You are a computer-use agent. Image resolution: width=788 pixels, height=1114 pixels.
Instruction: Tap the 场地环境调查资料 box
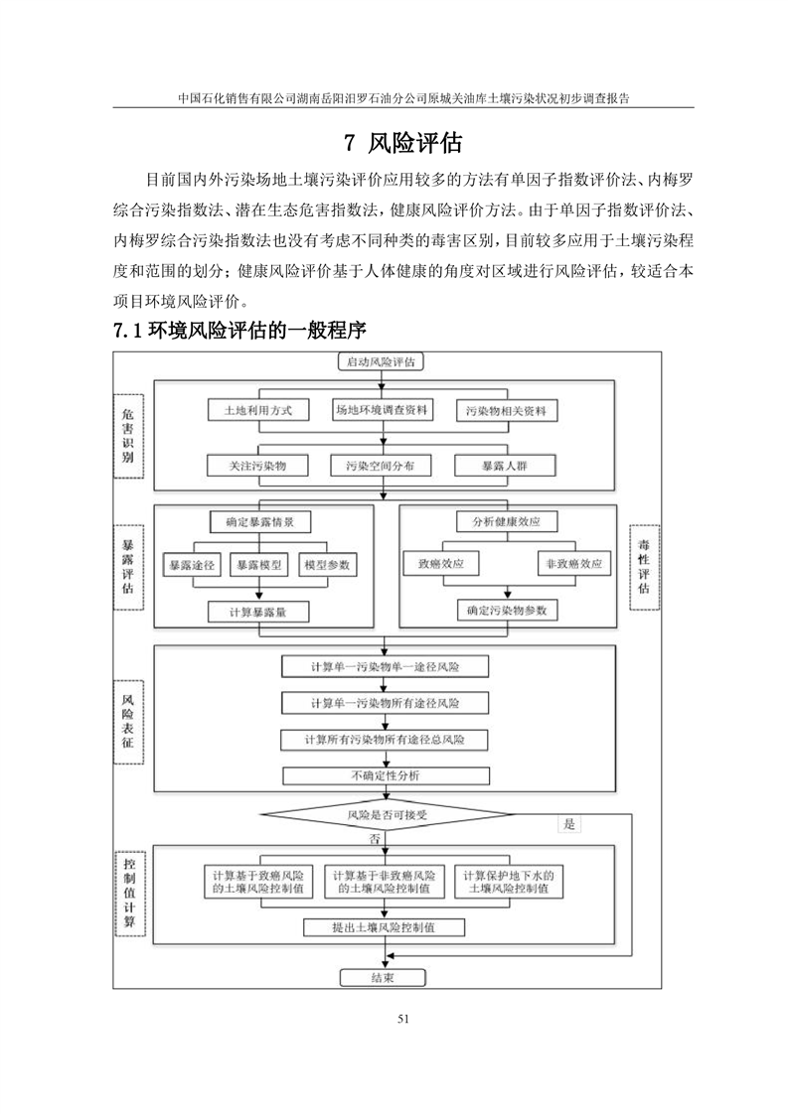(x=381, y=410)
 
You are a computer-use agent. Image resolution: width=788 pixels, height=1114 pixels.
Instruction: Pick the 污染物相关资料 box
(x=506, y=410)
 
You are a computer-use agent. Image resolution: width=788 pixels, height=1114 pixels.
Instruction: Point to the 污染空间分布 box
(x=381, y=465)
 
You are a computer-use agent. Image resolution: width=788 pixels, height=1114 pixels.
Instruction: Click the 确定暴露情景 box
(x=261, y=520)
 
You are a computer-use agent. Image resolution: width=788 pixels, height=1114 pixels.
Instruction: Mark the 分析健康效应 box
(x=507, y=520)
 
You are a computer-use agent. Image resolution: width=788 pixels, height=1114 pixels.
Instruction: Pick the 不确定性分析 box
(x=386, y=775)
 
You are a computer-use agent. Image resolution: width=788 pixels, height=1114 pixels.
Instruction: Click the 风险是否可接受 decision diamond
(x=386, y=816)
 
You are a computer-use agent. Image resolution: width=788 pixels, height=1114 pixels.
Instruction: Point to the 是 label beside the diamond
(x=569, y=824)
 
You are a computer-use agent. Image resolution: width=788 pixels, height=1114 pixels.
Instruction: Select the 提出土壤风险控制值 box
(x=386, y=927)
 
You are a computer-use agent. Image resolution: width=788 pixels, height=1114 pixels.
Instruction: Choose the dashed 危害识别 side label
(x=127, y=436)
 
